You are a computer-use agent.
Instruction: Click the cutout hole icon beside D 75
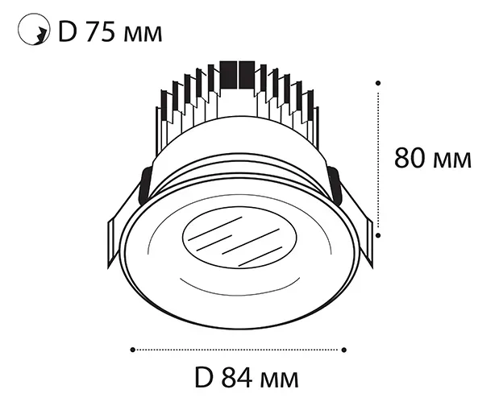34,29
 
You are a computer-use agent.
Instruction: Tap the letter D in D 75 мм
68,32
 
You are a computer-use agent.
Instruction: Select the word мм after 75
143,35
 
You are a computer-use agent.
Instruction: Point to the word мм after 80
452,160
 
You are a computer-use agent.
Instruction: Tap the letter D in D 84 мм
204,377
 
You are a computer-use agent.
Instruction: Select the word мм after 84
279,379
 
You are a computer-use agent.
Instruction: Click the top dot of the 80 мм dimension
378,83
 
